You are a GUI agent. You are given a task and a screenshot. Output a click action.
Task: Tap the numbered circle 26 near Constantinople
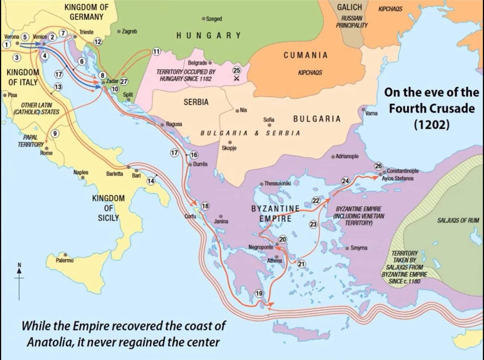click(378, 166)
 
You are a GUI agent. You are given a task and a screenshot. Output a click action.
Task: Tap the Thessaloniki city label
click(277, 183)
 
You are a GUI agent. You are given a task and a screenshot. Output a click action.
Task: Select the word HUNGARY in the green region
click(209, 36)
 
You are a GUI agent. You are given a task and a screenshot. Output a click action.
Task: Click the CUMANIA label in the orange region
click(305, 55)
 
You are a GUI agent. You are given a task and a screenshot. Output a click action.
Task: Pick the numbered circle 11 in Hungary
click(156, 51)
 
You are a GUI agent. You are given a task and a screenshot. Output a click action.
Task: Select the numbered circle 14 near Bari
click(151, 181)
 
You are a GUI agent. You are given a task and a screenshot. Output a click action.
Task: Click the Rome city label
click(46, 153)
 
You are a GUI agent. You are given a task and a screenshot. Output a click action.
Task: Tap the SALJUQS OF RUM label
click(457, 221)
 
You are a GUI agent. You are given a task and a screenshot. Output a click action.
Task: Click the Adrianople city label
click(347, 157)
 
